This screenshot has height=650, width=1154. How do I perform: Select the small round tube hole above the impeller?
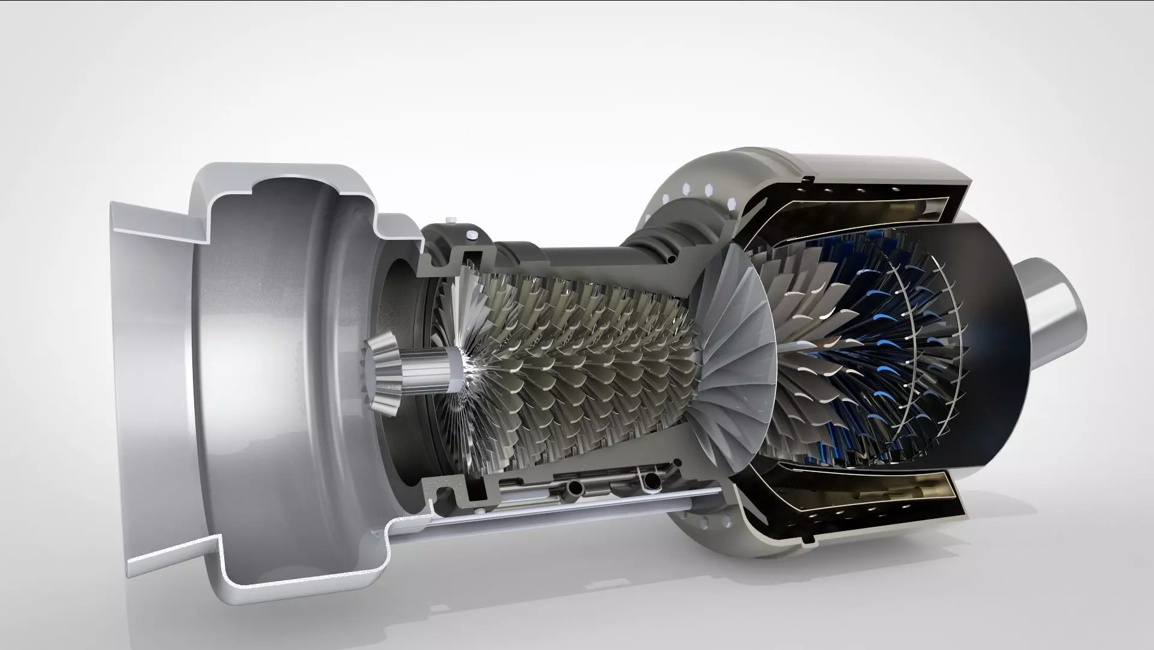[672, 260]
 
